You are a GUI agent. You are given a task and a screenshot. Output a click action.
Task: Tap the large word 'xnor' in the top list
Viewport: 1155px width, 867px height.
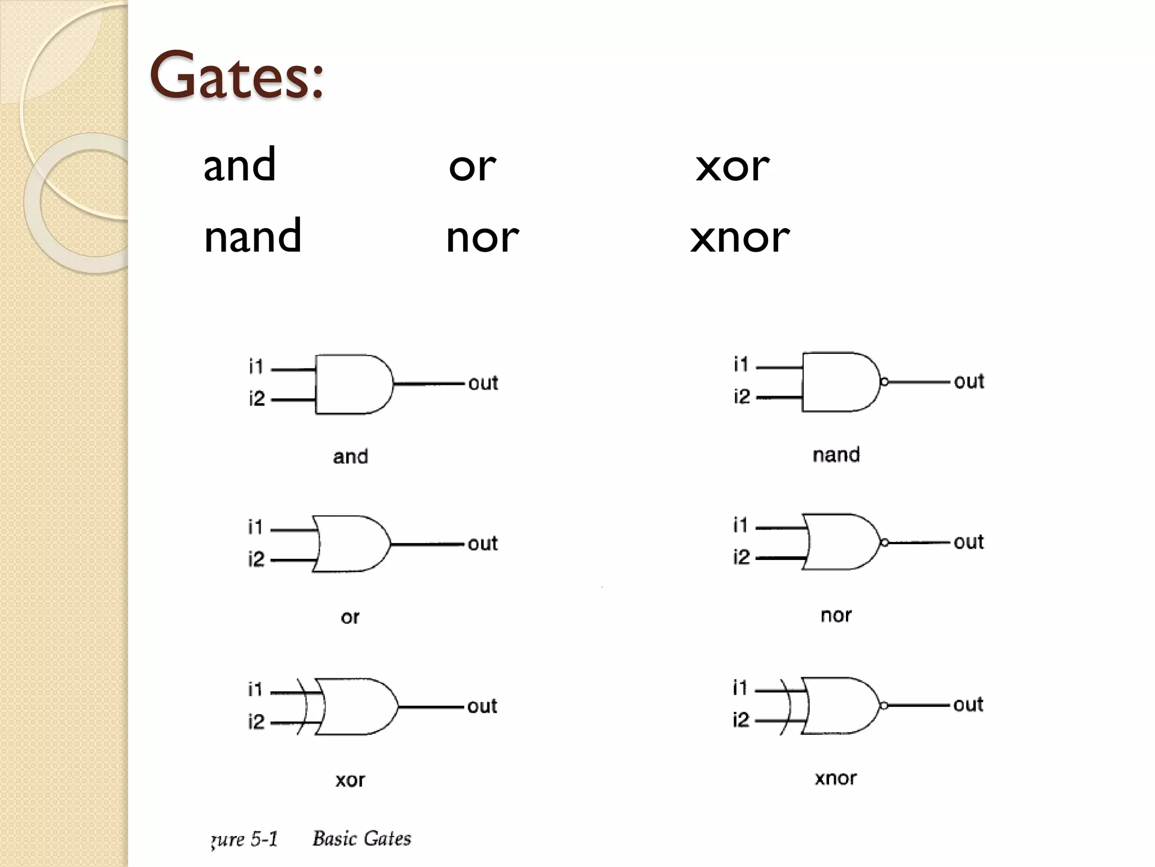click(x=740, y=238)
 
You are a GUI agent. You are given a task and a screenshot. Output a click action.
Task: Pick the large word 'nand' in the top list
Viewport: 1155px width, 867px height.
click(x=253, y=236)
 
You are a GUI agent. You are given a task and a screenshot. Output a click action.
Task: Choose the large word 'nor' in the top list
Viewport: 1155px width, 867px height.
click(x=482, y=238)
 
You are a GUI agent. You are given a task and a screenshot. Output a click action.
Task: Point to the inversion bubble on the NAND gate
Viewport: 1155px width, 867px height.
click(x=884, y=382)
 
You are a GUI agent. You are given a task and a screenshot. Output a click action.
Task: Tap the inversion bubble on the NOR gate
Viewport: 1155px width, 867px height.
click(x=884, y=543)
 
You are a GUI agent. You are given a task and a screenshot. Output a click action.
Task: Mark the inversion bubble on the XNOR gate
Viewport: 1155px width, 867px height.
click(x=884, y=706)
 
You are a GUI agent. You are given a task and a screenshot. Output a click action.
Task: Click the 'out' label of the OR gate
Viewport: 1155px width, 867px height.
click(x=483, y=544)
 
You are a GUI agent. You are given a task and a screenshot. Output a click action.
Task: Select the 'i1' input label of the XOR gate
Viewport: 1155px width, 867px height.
click(x=255, y=689)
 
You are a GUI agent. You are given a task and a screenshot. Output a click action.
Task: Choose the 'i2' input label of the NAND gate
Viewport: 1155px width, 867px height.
click(x=742, y=397)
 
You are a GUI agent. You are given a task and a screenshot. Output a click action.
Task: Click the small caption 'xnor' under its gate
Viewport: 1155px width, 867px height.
click(x=836, y=778)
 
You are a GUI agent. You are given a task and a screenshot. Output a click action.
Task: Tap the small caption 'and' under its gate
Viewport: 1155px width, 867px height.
click(x=350, y=456)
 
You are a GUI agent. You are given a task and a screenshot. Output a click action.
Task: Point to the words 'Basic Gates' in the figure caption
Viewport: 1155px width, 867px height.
click(x=362, y=838)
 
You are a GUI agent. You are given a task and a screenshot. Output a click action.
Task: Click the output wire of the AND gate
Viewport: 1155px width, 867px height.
click(x=429, y=384)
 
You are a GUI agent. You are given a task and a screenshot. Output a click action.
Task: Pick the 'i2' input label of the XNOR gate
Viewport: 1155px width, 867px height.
click(x=741, y=720)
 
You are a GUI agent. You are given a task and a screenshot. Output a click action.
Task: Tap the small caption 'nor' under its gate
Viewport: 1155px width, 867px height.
click(x=836, y=615)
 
